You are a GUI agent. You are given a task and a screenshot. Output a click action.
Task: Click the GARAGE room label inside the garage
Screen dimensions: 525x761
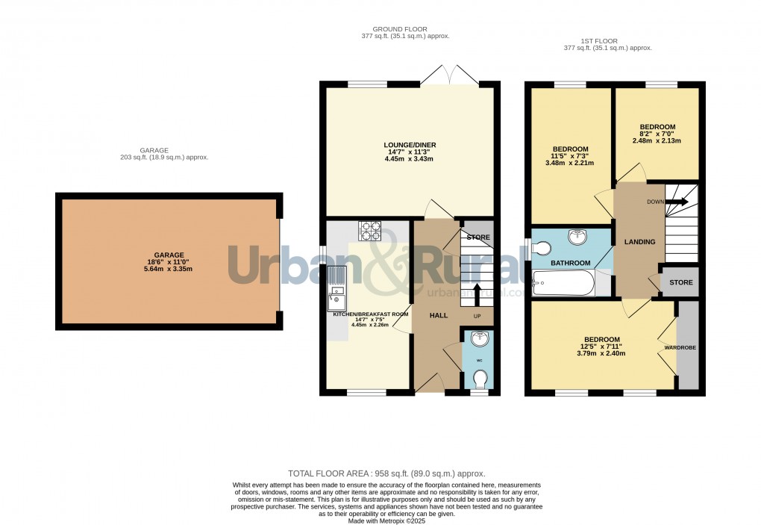(169, 255)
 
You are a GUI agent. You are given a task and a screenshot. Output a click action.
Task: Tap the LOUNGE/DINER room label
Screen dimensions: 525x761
(410, 145)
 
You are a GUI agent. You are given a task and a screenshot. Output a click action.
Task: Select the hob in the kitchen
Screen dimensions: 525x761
(369, 232)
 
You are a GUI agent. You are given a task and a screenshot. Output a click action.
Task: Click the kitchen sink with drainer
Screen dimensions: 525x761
(336, 288)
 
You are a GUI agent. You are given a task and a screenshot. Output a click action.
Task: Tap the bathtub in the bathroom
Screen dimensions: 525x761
(563, 282)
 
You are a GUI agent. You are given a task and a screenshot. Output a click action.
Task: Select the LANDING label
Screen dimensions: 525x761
(639, 242)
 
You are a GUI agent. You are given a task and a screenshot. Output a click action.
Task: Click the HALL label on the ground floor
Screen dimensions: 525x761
(439, 315)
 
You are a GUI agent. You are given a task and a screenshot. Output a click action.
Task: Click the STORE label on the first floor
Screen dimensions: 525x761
(680, 283)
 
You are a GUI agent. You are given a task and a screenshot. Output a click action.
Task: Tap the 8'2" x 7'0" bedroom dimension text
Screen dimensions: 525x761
(657, 134)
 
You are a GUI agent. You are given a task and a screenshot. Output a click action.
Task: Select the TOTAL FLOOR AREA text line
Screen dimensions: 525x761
(386, 473)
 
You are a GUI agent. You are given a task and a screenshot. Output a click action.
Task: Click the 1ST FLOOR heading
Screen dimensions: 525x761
(607, 40)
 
